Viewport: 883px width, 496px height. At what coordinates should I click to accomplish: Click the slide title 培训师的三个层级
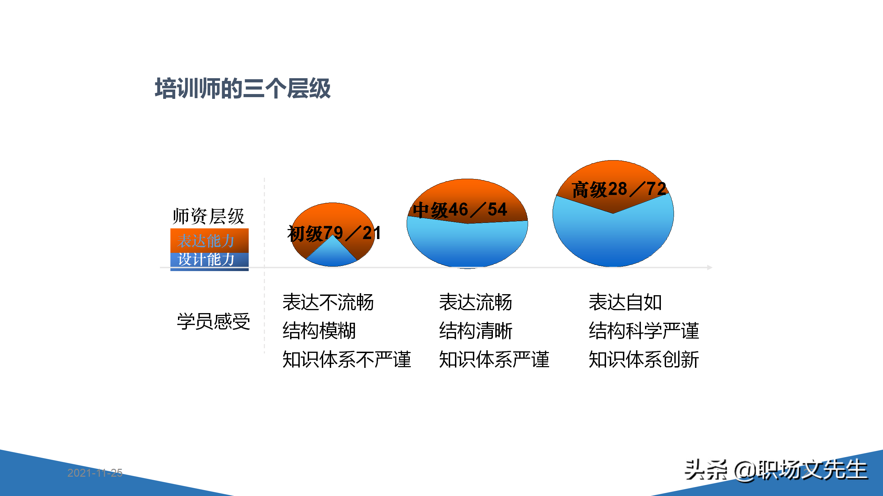pyautogui.click(x=242, y=89)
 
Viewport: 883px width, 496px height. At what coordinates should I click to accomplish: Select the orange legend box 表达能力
pyautogui.click(x=209, y=240)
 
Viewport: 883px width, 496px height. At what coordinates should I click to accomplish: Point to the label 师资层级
pyautogui.click(x=208, y=216)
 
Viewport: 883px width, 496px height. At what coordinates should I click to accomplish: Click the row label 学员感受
pyautogui.click(x=214, y=321)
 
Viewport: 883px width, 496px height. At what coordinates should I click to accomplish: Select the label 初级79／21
pyautogui.click(x=334, y=233)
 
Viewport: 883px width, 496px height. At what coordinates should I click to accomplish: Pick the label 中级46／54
pyautogui.click(x=460, y=210)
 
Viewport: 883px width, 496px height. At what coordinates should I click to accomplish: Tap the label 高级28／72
pyautogui.click(x=618, y=189)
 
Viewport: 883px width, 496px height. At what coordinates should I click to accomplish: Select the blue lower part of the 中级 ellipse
pyautogui.click(x=467, y=245)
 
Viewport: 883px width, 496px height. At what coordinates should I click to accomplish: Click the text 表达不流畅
pyautogui.click(x=328, y=302)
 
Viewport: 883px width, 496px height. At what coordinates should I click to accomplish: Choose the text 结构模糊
pyautogui.click(x=319, y=331)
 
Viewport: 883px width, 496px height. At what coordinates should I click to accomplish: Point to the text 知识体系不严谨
pyautogui.click(x=347, y=359)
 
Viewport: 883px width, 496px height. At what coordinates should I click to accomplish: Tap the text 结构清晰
pyautogui.click(x=476, y=331)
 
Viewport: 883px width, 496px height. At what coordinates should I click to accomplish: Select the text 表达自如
pyautogui.click(x=625, y=302)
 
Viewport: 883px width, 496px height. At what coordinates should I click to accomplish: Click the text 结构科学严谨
pyautogui.click(x=644, y=331)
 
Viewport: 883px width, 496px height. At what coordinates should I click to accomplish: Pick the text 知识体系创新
pyautogui.click(x=644, y=359)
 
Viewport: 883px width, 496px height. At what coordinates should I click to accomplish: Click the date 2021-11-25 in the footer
pyautogui.click(x=95, y=473)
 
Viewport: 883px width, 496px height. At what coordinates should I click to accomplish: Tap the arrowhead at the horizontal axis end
pyautogui.click(x=710, y=267)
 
